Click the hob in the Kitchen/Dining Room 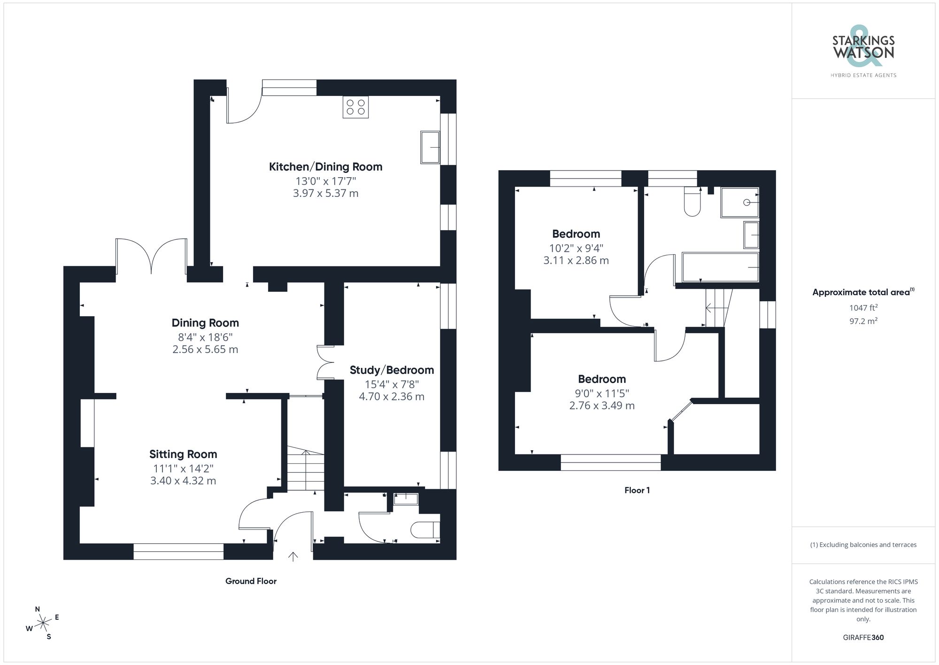(x=355, y=107)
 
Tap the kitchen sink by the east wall (x=430, y=148)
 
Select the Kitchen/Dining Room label (x=325, y=167)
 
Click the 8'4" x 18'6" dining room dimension (x=205, y=337)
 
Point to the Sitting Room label (x=183, y=454)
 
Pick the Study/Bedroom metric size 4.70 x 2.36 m (x=392, y=397)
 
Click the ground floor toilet (x=425, y=530)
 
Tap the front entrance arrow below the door (x=293, y=557)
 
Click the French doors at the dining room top (x=151, y=256)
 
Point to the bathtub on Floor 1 (x=720, y=267)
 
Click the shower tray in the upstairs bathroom (x=739, y=203)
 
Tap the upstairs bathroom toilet (x=693, y=202)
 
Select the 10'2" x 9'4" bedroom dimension (x=576, y=248)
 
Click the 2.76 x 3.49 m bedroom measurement (x=602, y=406)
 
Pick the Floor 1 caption (x=637, y=490)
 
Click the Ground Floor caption (x=251, y=581)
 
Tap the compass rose (x=43, y=623)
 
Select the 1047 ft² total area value (x=863, y=308)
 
